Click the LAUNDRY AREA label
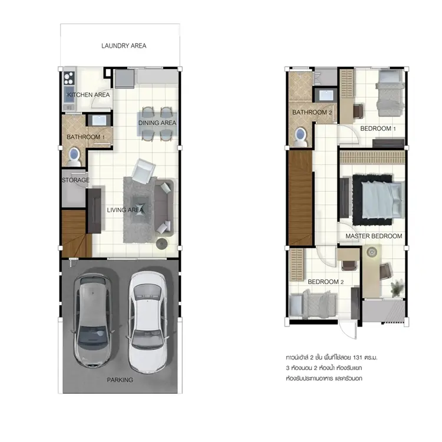(x=124, y=45)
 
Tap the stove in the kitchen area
(x=69, y=78)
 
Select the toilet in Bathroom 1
(x=74, y=157)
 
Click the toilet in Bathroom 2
(x=301, y=137)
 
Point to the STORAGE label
(x=75, y=180)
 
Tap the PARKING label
(x=120, y=380)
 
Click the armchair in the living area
(x=143, y=171)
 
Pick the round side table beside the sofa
(x=162, y=244)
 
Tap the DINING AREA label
(x=157, y=123)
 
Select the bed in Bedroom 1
(x=390, y=93)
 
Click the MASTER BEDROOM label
(x=374, y=236)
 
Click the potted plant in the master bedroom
(x=397, y=288)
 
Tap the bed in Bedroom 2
(x=313, y=305)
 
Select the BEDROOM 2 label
(x=325, y=282)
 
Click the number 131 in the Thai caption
(x=357, y=358)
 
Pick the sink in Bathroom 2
(x=326, y=95)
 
